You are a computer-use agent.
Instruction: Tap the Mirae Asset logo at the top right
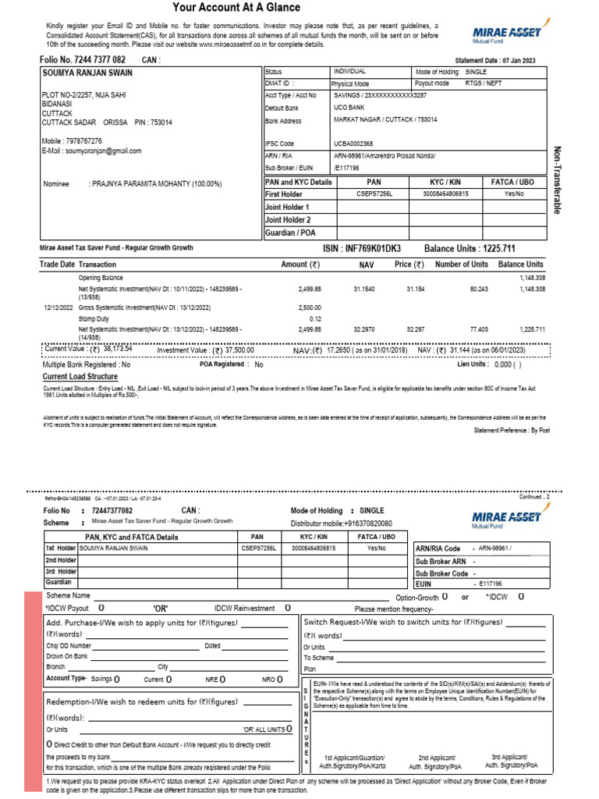[507, 34]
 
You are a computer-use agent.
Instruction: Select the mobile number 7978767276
[88, 140]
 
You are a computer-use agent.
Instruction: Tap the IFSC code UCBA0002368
[354, 144]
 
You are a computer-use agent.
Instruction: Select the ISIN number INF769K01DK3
[373, 248]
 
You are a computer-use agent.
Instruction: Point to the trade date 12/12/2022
[58, 308]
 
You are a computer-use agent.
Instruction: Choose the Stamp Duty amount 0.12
[315, 318]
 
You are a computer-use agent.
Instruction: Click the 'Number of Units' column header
[461, 265]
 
